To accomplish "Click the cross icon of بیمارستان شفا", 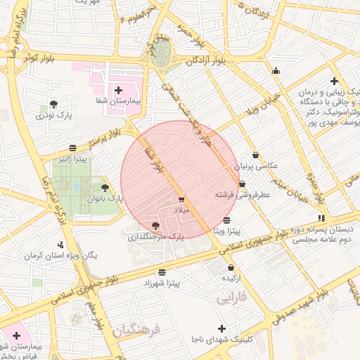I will tap(117, 90).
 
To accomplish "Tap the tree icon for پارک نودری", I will tap(52, 103).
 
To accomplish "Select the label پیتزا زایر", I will tap(72, 158).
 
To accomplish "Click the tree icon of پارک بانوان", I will tap(105, 188).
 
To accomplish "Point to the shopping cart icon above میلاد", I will tap(181, 200).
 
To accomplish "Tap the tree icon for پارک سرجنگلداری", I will tap(155, 226).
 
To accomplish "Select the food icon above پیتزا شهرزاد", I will tap(162, 271).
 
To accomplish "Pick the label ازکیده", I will tap(233, 278).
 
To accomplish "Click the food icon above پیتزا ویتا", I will tap(226, 220).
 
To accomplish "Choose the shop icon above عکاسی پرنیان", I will tap(255, 155).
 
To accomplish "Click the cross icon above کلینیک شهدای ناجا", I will tap(222, 328).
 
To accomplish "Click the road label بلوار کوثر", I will tap(39, 56).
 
